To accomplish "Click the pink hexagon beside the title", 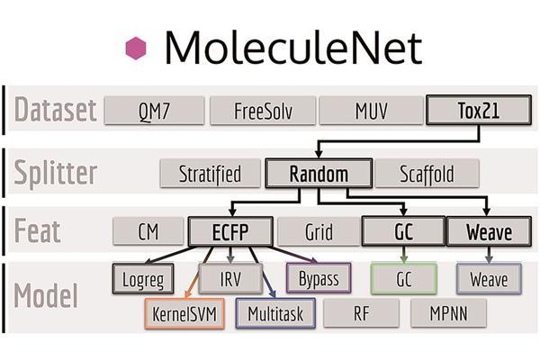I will pos(135,47).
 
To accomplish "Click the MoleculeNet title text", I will pos(292,47).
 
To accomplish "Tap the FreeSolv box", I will pos(262,112).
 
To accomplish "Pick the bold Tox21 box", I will pos(478,112).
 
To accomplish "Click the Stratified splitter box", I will pos(209,173).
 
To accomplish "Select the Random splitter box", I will pos(319,173).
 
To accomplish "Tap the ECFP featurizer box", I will pos(230,231).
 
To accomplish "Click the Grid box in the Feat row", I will pos(319,231).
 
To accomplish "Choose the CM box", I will pos(148,231).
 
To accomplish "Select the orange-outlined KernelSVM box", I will pos(184,312).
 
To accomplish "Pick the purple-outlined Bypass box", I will pos(318,278).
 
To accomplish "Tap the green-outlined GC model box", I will pos(403,278).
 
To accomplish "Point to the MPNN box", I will pos(448,312).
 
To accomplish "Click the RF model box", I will pos(361,312).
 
